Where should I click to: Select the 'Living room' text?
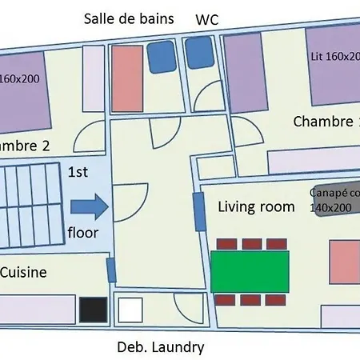tap(256, 206)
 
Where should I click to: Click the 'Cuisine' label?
tap(22, 272)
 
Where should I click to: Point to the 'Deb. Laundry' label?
tap(160, 347)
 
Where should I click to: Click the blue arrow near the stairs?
tap(88, 207)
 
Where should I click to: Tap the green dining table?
tap(251, 270)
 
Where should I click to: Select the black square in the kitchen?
tap(92, 310)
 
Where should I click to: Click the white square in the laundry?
tap(130, 309)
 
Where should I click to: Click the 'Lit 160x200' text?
tap(334, 56)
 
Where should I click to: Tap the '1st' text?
tap(78, 172)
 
